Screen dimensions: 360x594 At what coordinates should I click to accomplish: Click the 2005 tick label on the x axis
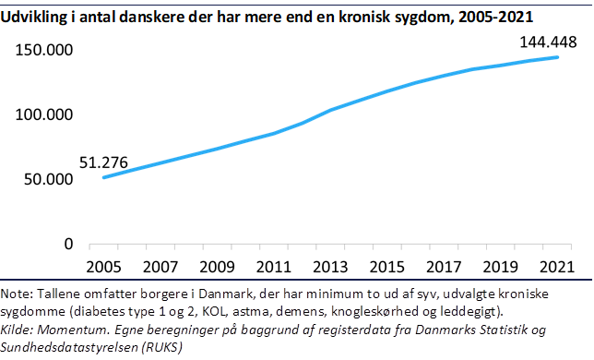click(x=102, y=268)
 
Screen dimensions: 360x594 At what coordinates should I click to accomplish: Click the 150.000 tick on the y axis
click(x=44, y=50)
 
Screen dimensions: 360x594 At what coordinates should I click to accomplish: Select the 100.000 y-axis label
click(x=44, y=114)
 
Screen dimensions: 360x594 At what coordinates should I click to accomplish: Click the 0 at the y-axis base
click(x=68, y=245)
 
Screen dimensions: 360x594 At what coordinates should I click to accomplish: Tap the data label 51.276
click(x=77, y=162)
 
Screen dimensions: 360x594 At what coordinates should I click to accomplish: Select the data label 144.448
click(x=548, y=41)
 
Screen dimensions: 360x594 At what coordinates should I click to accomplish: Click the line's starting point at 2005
click(x=103, y=177)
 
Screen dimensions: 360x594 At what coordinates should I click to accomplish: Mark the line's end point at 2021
click(x=557, y=57)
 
